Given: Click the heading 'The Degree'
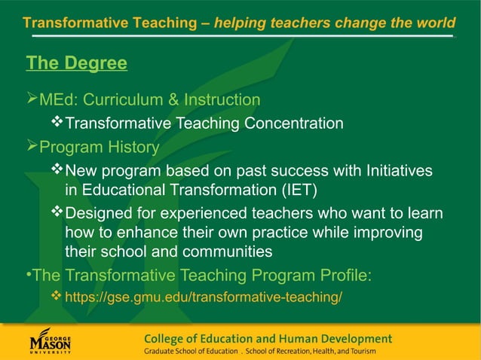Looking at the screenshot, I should pos(76,63).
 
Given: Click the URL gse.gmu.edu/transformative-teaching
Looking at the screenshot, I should pos(204,297).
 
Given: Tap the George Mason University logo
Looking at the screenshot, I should pos(51,341).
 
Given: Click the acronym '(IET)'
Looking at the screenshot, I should pos(290,189).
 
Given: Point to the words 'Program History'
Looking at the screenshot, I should pos(99,147).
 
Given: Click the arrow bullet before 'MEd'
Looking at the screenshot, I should pos(32,100).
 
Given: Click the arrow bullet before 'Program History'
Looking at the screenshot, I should pos(32,147).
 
